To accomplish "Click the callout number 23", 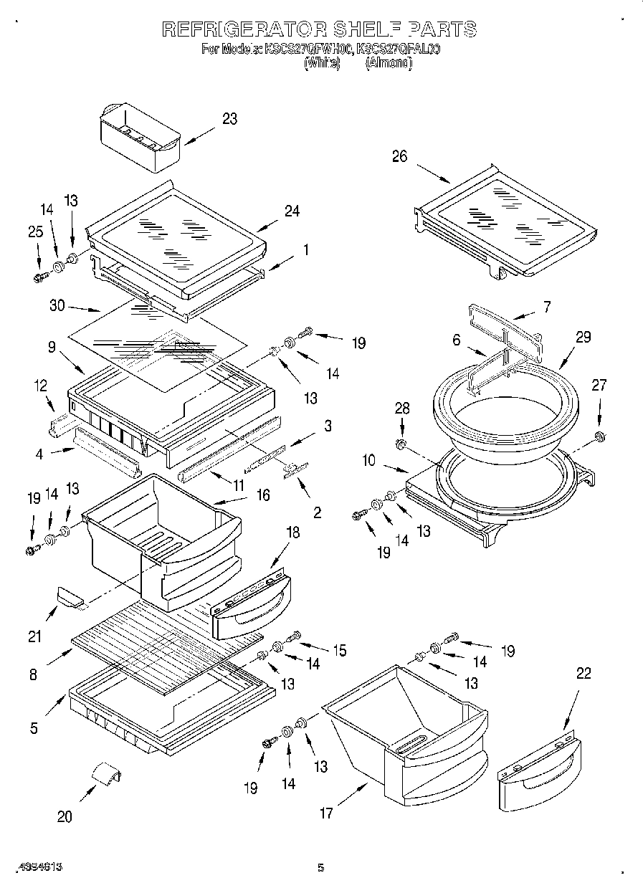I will [229, 119].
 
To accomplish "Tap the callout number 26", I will [399, 156].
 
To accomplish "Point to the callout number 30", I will [57, 306].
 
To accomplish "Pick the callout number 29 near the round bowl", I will [584, 337].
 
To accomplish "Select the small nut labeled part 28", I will [402, 446].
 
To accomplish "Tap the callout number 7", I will [547, 307].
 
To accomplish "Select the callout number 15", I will [338, 650].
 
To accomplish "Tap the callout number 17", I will [326, 813].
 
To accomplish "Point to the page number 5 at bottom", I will [321, 868].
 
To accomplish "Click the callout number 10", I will [368, 461].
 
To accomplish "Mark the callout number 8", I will [33, 674].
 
